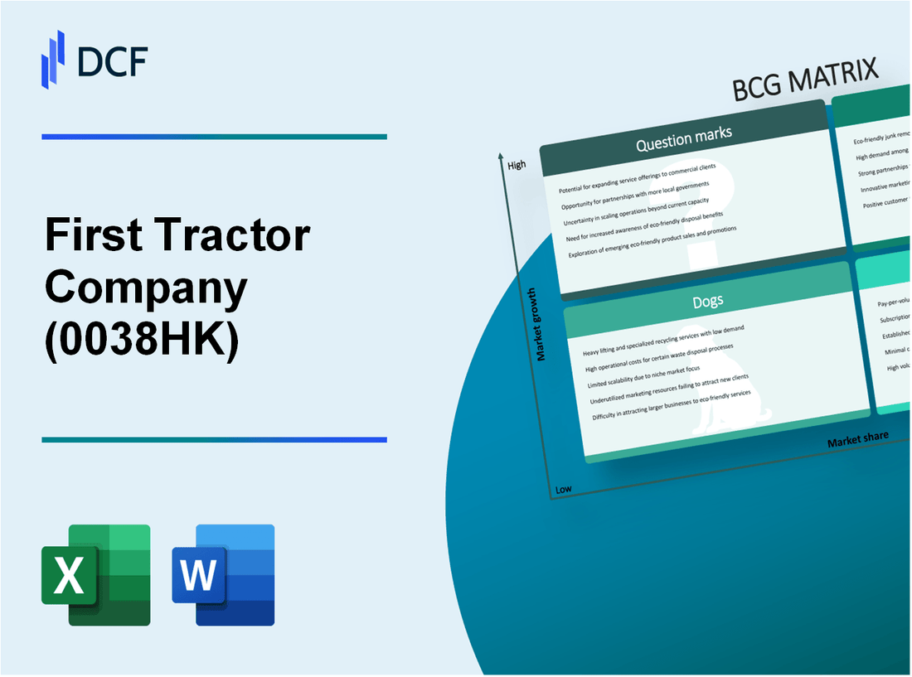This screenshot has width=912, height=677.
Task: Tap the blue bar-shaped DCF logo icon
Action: click(x=53, y=59)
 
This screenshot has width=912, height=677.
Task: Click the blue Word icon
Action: click(x=223, y=574)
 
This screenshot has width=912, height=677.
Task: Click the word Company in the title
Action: click(x=146, y=288)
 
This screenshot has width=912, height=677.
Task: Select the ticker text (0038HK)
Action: click(x=142, y=340)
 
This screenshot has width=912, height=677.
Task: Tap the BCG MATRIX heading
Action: click(x=805, y=80)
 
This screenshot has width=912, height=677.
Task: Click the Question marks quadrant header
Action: click(x=683, y=141)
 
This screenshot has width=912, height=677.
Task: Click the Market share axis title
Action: click(x=857, y=439)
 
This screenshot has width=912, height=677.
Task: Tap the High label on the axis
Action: click(x=517, y=165)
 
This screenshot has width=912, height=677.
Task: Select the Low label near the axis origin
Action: click(x=563, y=490)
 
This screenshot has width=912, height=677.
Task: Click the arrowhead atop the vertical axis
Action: click(x=502, y=156)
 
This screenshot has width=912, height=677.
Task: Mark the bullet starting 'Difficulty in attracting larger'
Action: click(x=672, y=406)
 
